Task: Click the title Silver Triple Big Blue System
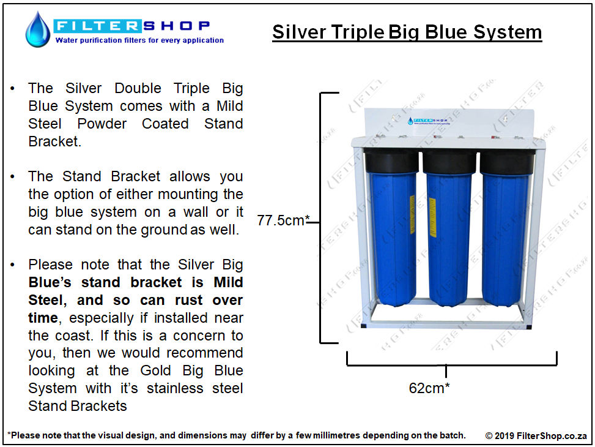point(407,32)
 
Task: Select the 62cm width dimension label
point(429,388)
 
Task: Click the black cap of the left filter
point(391,161)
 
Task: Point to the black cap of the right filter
point(506,162)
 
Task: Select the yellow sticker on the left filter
point(412,214)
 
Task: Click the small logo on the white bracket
point(429,121)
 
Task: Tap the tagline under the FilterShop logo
point(139,40)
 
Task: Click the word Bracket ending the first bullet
point(54,141)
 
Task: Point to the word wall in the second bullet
point(196,212)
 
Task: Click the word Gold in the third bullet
point(155,370)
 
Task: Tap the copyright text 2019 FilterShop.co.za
point(536,435)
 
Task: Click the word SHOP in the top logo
point(177,26)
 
